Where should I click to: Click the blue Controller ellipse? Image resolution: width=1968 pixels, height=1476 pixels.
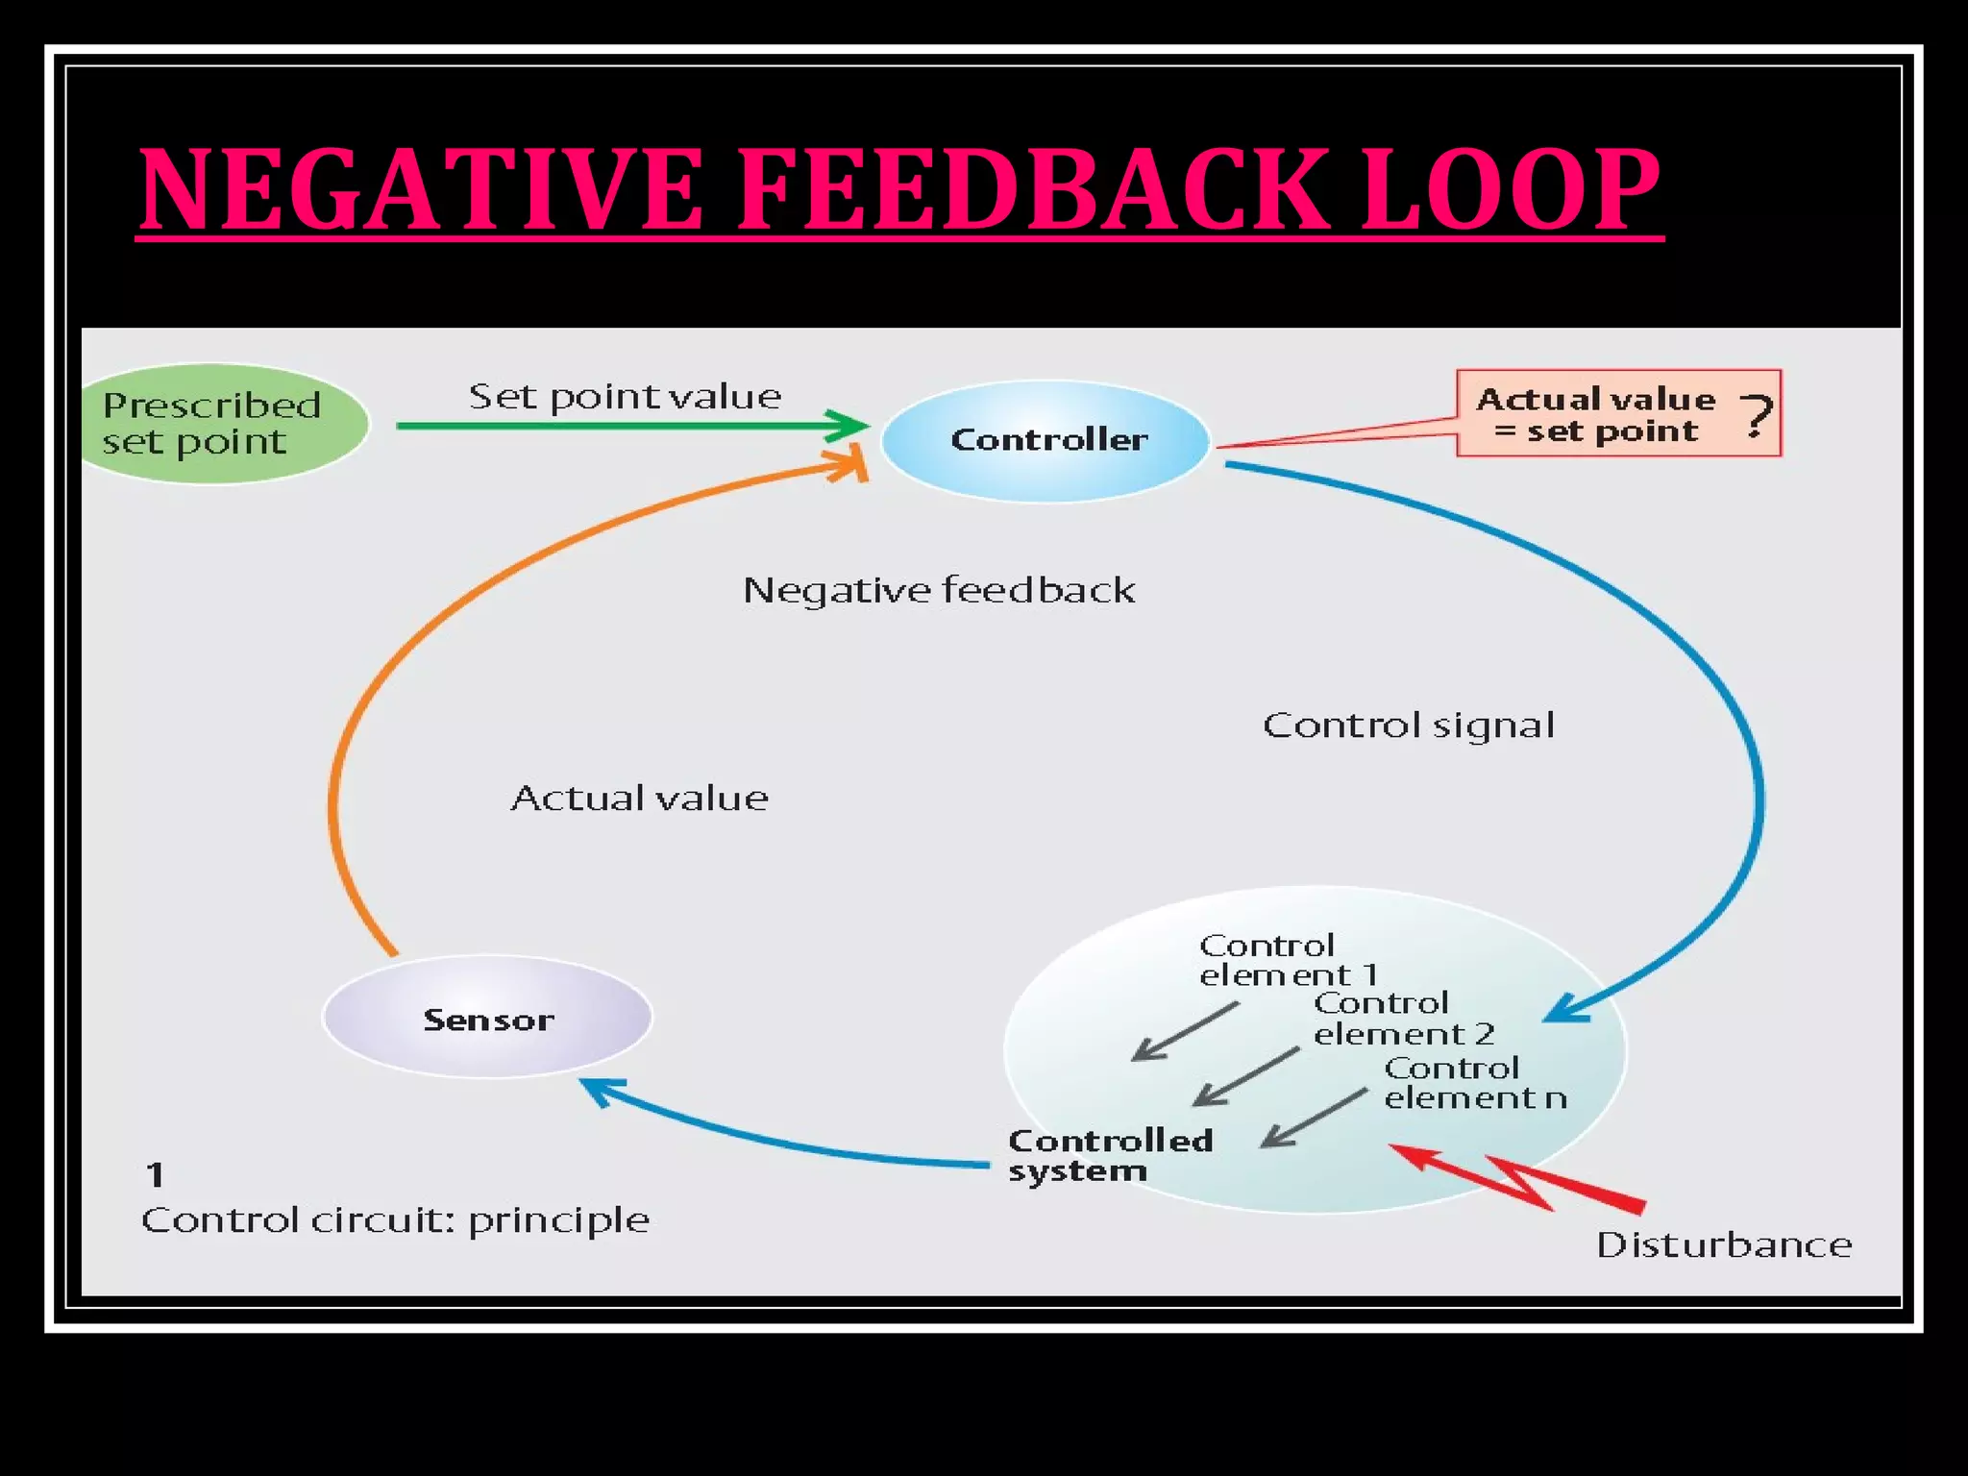point(1045,440)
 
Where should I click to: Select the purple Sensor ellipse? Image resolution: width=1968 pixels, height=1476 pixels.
point(488,1018)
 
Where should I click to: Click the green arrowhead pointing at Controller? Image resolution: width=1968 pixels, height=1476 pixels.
point(849,425)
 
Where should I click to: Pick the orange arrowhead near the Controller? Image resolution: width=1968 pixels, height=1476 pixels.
point(849,466)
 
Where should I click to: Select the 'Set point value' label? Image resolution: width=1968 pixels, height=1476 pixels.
point(625,396)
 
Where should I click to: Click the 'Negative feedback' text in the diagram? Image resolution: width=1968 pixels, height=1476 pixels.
point(939,590)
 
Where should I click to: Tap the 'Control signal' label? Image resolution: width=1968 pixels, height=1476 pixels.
point(1408,726)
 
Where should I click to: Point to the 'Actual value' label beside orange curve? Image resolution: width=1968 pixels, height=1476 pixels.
point(639,799)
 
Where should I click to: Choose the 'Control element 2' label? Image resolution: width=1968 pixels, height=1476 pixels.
point(1403,1019)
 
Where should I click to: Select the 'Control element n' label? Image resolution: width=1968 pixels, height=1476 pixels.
point(1474,1083)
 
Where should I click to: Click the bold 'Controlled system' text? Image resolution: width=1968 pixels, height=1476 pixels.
point(1110,1155)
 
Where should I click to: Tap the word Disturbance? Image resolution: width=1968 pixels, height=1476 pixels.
point(1723,1245)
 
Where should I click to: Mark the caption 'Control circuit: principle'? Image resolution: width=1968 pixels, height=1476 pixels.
point(395,1220)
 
